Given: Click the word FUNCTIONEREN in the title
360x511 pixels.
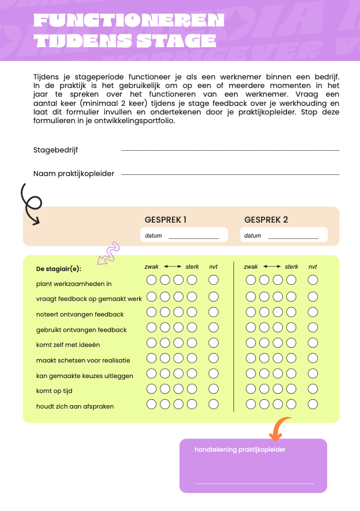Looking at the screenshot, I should (129, 21).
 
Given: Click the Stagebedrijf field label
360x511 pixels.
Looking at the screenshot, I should (56, 150).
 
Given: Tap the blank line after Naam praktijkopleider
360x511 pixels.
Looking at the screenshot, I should (230, 174).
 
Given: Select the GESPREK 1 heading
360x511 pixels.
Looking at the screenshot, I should (166, 220).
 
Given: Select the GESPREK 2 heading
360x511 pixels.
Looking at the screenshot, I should (266, 220).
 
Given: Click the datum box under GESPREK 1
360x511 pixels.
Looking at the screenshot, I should (184, 235).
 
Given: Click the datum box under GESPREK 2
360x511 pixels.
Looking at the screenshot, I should (284, 235).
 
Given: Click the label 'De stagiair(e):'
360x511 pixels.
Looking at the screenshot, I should (59, 269).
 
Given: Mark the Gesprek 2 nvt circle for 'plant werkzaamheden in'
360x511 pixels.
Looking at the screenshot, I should (313, 280).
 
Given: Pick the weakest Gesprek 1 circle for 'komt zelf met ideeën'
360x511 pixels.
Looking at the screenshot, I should (151, 342).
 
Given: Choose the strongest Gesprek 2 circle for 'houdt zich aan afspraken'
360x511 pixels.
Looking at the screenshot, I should (292, 404).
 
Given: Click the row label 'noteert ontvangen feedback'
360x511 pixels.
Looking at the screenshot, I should (80, 314).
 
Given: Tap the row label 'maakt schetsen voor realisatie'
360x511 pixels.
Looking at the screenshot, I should (83, 360).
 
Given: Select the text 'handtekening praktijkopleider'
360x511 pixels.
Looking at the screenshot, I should (240, 449).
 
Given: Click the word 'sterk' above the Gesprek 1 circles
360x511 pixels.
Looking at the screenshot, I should (192, 267).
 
